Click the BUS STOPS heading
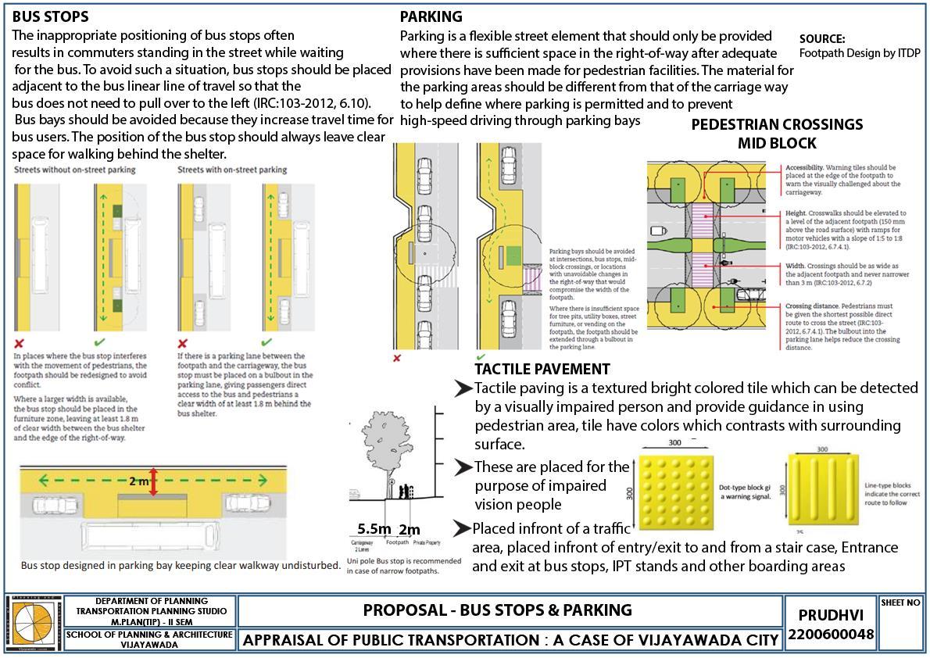pyautogui.click(x=50, y=16)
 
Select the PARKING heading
pyautogui.click(x=431, y=16)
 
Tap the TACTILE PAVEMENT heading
pyautogui.click(x=542, y=369)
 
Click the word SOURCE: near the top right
pyautogui.click(x=822, y=38)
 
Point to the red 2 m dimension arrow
pyautogui.click(x=154, y=481)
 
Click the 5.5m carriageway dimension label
pyautogui.click(x=374, y=529)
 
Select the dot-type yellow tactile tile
pyautogui.click(x=674, y=489)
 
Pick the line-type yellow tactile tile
pyautogui.click(x=818, y=490)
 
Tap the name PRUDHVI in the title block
pyautogui.click(x=830, y=615)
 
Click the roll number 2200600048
pyautogui.click(x=830, y=635)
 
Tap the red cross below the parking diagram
pyautogui.click(x=397, y=358)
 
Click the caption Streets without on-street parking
pyautogui.click(x=74, y=170)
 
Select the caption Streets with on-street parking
pyautogui.click(x=232, y=170)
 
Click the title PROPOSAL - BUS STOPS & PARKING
pyautogui.click(x=497, y=610)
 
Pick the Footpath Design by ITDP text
pyautogui.click(x=860, y=53)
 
